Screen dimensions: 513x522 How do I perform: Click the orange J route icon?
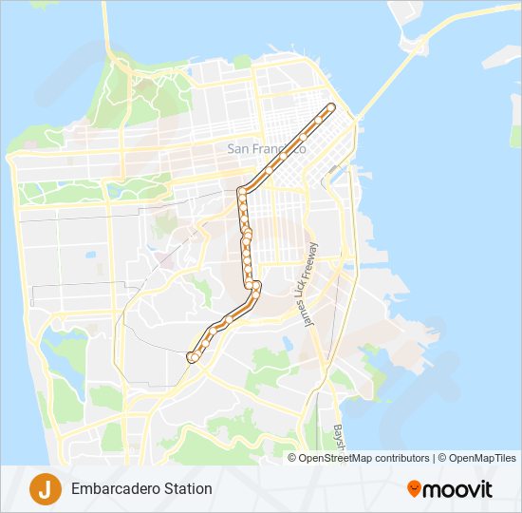[44, 488]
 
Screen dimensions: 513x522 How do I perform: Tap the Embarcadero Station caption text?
[141, 489]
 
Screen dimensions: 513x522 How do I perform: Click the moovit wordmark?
[457, 489]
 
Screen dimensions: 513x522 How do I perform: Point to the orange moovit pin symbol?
[414, 488]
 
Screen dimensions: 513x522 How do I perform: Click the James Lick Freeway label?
[310, 285]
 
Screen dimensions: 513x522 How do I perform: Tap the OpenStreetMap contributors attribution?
[364, 458]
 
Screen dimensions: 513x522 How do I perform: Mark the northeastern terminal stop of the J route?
[331, 106]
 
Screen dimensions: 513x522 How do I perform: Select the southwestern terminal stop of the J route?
[192, 357]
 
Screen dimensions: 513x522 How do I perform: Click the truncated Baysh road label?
[338, 436]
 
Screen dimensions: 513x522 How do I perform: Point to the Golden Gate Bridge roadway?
[103, 28]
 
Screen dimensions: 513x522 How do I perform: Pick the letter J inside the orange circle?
[44, 488]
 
